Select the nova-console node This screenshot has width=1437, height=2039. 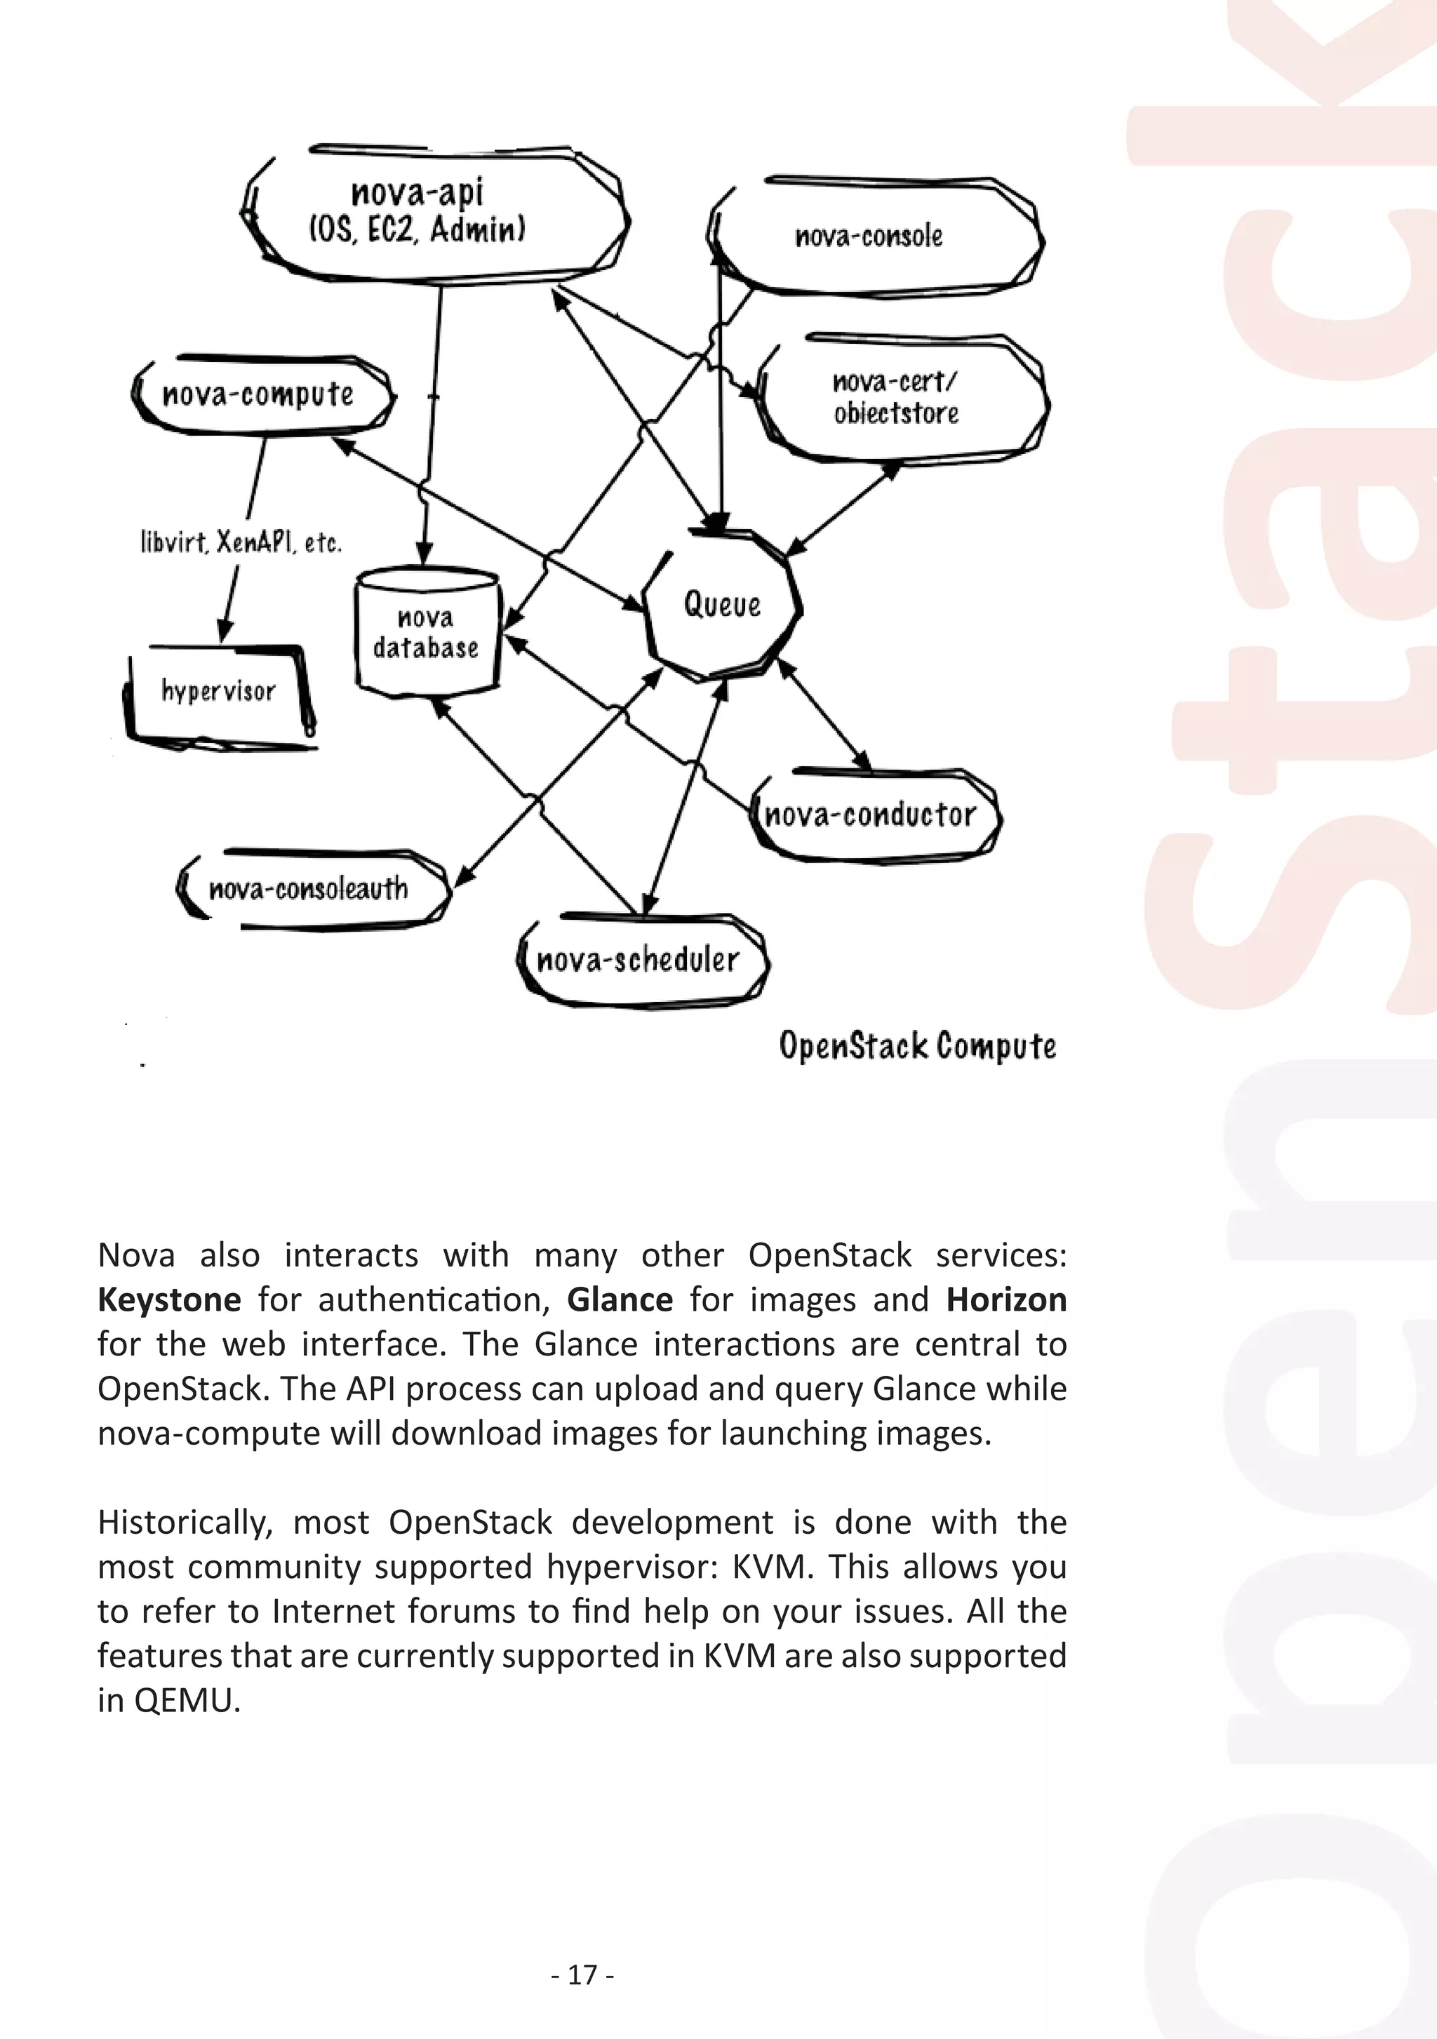(x=869, y=236)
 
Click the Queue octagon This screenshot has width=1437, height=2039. (x=722, y=605)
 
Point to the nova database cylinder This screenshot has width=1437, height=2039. (x=427, y=632)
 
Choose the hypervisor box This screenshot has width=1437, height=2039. (x=218, y=692)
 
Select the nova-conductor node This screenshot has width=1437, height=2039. (x=870, y=815)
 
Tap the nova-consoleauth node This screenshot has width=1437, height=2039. (x=309, y=888)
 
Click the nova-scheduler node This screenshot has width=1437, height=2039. (x=639, y=960)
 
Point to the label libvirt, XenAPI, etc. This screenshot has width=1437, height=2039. (x=241, y=542)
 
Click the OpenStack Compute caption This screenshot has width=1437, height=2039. (x=918, y=1046)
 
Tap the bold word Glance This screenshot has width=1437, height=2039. (x=620, y=1300)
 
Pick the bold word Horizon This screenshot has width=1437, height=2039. (x=1005, y=1300)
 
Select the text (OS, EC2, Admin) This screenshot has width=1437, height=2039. (x=417, y=230)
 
